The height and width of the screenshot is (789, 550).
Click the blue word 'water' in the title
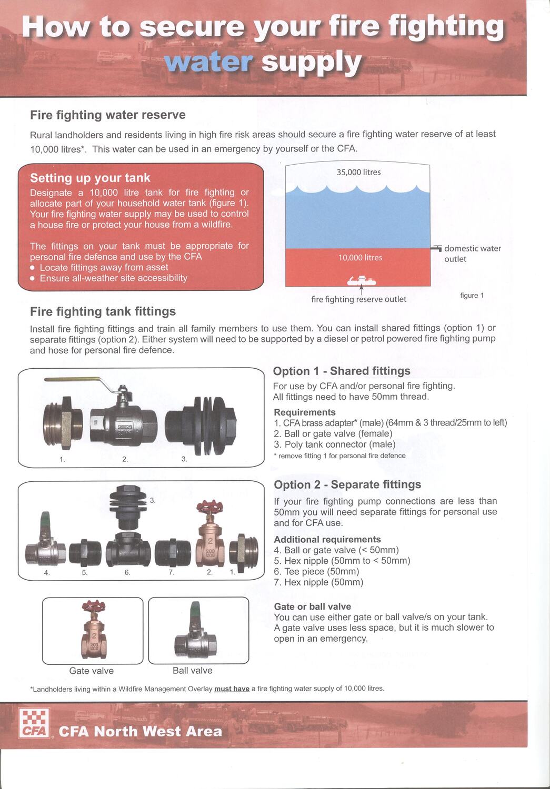208,62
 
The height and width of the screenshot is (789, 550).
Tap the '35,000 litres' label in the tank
358,172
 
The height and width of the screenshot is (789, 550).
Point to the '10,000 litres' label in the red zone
360,257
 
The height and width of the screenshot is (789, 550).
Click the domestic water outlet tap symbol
436,248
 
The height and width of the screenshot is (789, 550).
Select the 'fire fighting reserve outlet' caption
358,299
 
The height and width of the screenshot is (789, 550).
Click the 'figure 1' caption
472,296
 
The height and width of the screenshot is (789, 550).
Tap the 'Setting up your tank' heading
90,178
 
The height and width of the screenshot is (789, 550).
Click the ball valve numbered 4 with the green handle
45,547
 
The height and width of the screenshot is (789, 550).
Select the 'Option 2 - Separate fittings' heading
347,484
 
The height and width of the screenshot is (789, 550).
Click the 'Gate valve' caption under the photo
91,671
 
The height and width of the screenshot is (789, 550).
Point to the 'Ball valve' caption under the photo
192,671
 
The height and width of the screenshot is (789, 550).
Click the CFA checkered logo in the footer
34,723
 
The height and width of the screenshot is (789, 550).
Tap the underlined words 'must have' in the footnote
232,689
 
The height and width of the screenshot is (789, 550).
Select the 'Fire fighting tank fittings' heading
103,311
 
